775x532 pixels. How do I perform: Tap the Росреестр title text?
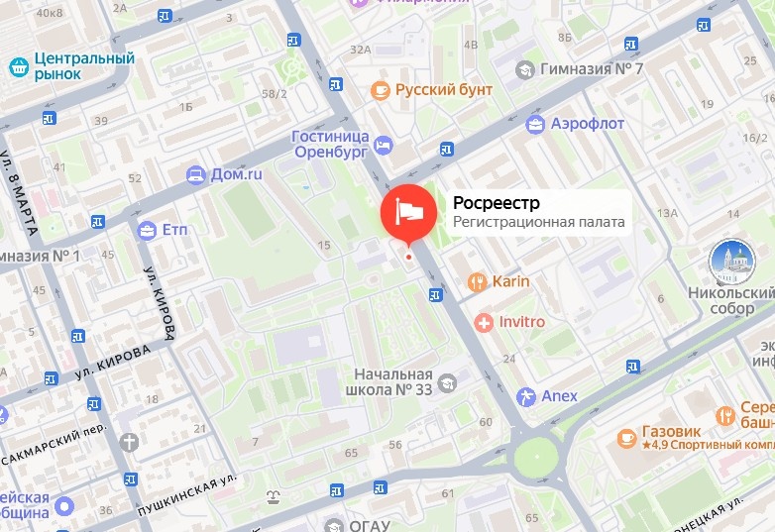[497, 203]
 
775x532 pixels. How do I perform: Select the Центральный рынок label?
[83, 67]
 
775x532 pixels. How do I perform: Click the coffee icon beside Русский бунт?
[381, 90]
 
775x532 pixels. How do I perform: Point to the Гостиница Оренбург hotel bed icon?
[383, 146]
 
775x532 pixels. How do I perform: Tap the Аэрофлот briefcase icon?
[536, 124]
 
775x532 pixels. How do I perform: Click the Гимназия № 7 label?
[592, 69]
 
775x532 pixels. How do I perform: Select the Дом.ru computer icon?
[195, 174]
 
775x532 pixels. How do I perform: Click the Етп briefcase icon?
[148, 230]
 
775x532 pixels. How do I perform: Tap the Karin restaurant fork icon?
[478, 281]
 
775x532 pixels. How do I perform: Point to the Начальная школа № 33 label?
[394, 381]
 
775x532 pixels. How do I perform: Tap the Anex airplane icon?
[525, 396]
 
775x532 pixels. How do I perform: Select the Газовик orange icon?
[626, 437]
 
